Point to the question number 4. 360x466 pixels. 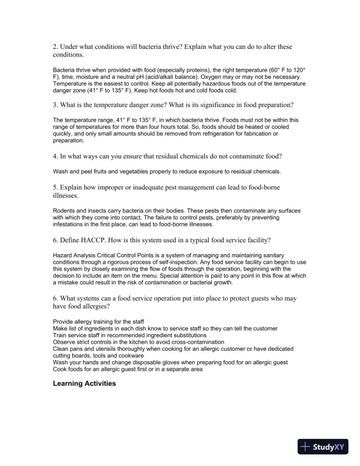coord(55,156)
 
